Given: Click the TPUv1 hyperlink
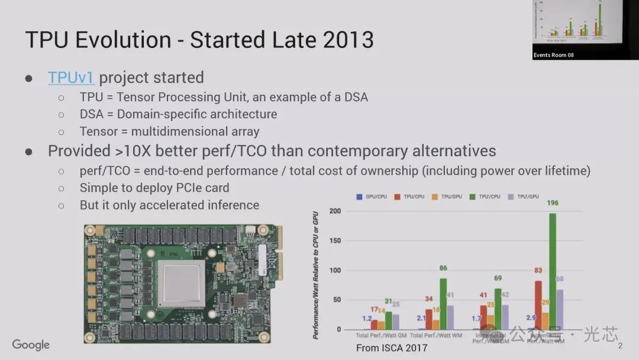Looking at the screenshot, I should click(71, 78).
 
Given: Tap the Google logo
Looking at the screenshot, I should click(31, 345).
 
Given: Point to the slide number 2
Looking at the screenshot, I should click(620, 346).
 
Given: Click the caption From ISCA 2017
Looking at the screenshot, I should click(391, 348).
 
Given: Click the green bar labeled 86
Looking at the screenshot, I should click(443, 304).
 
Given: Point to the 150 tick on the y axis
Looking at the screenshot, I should click(335, 241).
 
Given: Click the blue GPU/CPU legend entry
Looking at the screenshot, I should click(372, 197).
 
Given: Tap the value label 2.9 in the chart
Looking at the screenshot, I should click(531, 318).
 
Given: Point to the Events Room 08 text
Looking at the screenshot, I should click(553, 55).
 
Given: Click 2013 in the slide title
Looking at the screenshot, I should click(348, 40).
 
